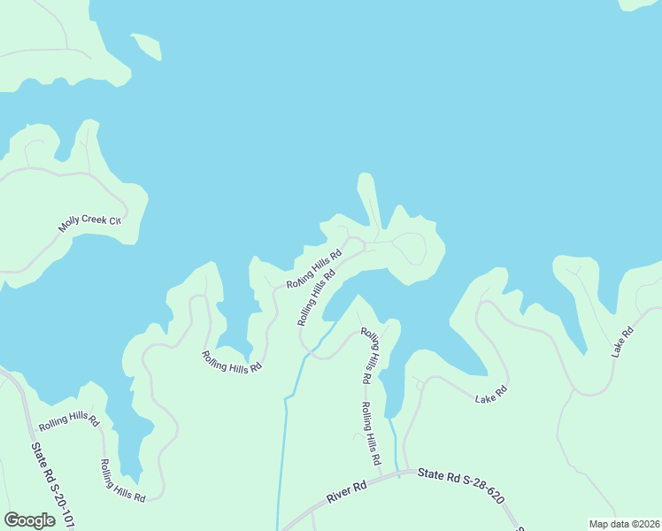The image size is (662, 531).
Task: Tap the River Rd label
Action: (346, 493)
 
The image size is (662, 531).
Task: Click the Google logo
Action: (29, 520)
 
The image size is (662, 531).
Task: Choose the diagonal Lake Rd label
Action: (622, 342)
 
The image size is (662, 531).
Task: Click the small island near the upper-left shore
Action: (147, 45)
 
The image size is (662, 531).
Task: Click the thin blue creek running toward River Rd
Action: (284, 442)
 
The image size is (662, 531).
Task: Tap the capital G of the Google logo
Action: (12, 520)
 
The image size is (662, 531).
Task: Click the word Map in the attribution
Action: (599, 524)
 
